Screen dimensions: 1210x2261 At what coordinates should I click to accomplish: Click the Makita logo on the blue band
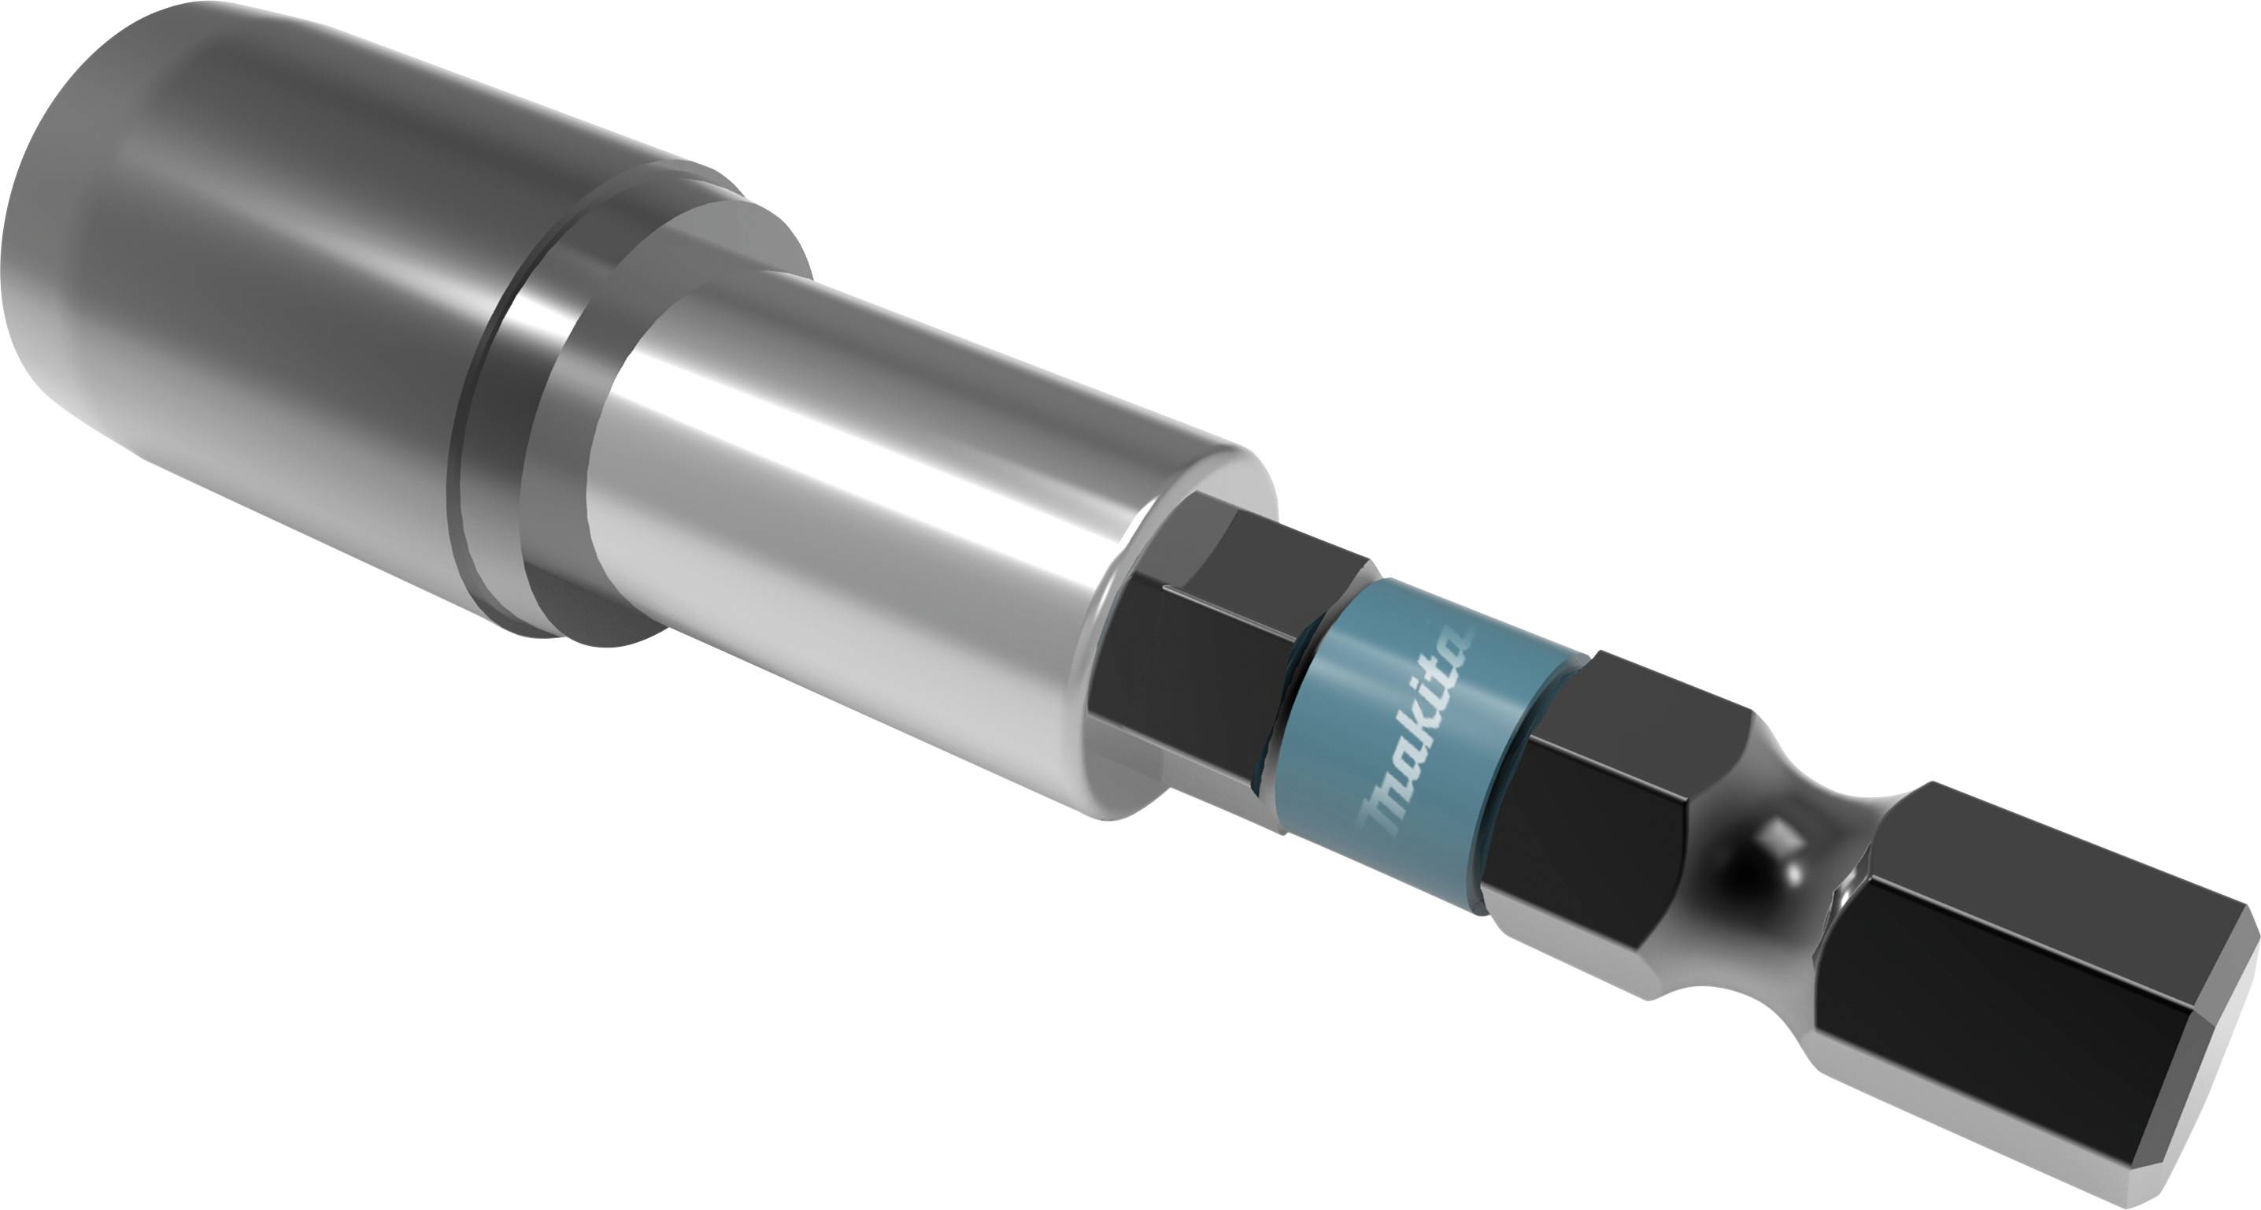(1418, 729)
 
